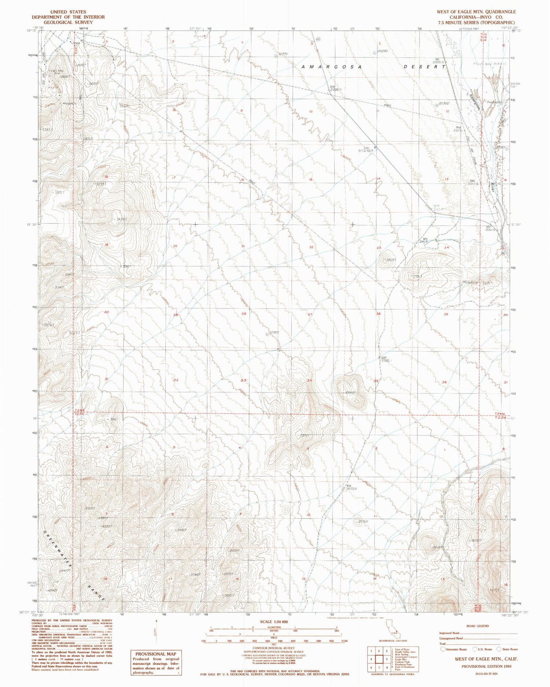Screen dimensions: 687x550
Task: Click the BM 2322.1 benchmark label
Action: point(386,359)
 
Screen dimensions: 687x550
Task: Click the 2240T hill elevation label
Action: point(351,393)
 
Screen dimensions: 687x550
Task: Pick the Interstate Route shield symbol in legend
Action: point(443,649)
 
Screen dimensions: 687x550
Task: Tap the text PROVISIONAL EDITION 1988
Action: point(487,666)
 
